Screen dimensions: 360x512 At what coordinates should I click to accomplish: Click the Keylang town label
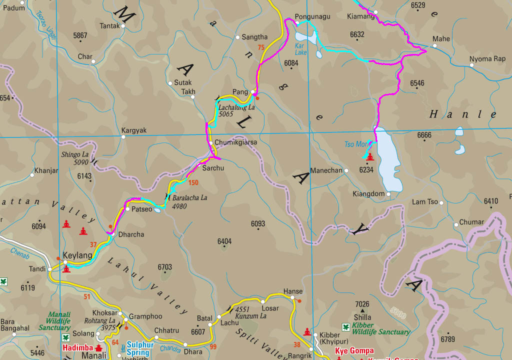click(77, 255)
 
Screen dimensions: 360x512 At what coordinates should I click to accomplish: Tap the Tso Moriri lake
click(388, 160)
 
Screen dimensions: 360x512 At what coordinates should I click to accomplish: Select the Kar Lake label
click(300, 49)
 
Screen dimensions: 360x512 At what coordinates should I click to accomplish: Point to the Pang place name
click(240, 92)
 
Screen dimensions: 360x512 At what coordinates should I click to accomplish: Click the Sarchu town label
click(213, 168)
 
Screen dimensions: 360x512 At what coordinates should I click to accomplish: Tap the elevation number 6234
click(366, 170)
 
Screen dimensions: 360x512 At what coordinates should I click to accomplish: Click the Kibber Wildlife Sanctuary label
click(380, 328)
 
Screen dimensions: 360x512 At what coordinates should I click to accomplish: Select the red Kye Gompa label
click(354, 350)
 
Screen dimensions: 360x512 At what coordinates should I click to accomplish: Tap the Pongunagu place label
click(312, 16)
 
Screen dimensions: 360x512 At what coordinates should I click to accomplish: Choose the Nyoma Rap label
click(487, 59)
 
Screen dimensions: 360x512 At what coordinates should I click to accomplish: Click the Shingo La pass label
click(74, 158)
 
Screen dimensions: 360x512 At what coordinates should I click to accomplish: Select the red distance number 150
click(193, 182)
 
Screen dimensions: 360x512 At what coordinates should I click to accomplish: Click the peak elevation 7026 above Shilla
click(362, 304)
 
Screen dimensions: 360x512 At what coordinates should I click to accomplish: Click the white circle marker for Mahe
click(434, 46)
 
